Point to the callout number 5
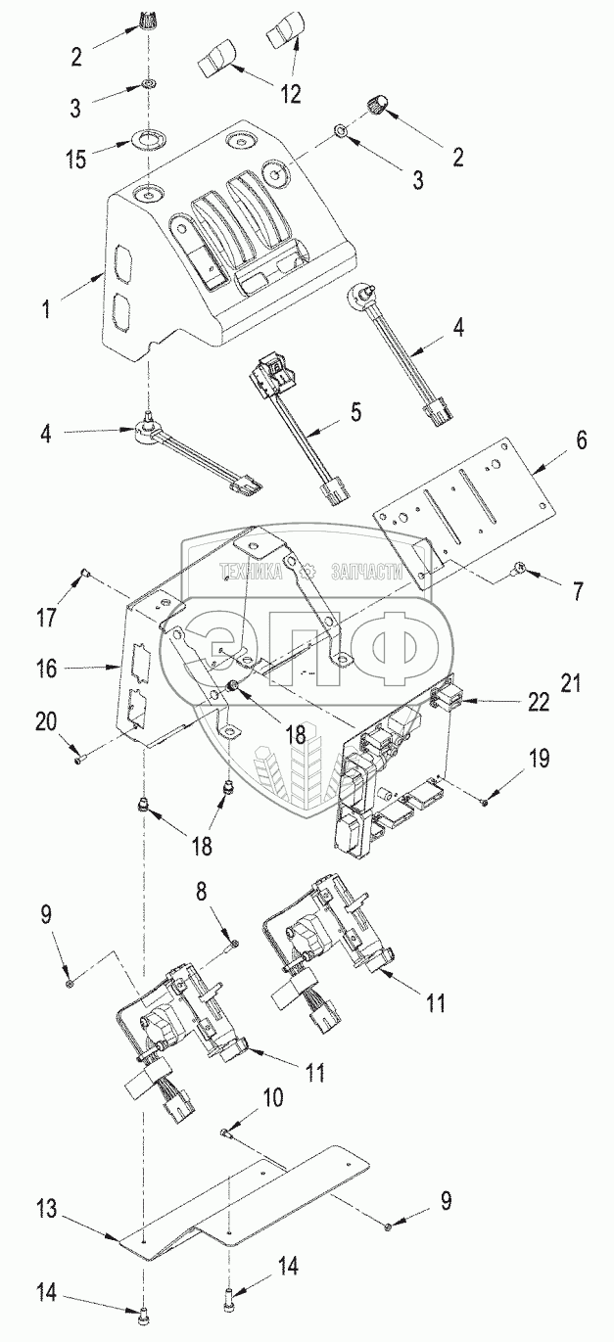(x=355, y=412)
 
